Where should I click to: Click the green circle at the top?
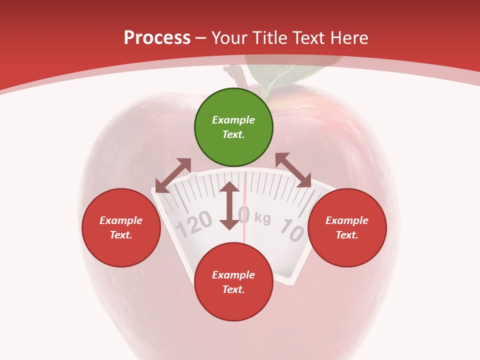(x=233, y=127)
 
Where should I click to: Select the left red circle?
(x=121, y=227)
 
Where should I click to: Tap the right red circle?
(x=347, y=227)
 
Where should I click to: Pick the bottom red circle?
(x=233, y=282)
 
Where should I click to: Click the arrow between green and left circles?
(x=173, y=175)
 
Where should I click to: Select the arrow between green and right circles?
(x=293, y=170)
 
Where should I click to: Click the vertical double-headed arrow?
(x=229, y=205)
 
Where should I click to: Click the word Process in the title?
(x=157, y=38)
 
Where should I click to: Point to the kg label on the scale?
(x=262, y=218)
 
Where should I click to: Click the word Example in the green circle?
(x=233, y=120)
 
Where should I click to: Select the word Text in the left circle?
(x=121, y=235)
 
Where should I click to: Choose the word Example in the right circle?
(x=347, y=220)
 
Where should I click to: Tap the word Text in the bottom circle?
(x=233, y=289)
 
